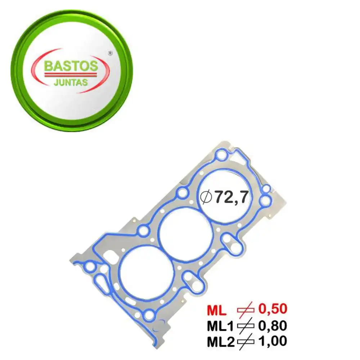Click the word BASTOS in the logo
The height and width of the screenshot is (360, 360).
click(71, 66)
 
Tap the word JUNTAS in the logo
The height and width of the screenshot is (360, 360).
click(71, 82)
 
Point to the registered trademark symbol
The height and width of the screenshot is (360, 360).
click(110, 53)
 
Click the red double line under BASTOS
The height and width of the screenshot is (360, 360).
click(71, 74)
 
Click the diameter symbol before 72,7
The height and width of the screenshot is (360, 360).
click(207, 197)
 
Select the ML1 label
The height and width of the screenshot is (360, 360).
click(220, 325)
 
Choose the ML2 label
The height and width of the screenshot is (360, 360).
click(220, 341)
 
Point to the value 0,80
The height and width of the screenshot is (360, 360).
click(272, 325)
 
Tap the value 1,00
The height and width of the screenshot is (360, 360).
click(272, 341)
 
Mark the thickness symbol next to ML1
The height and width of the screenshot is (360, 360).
click(246, 326)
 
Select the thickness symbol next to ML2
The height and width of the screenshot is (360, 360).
click(246, 341)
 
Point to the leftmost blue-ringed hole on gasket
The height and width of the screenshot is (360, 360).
click(90, 267)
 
